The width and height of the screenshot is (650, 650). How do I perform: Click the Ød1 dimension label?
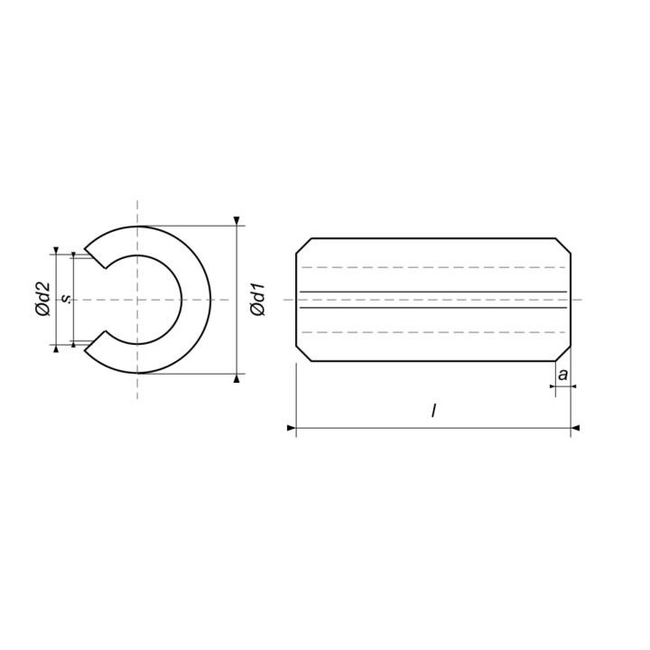(258, 300)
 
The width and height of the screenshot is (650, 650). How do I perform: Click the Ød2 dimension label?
(42, 299)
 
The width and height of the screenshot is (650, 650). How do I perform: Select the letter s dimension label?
(66, 299)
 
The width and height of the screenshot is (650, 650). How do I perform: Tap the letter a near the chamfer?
(562, 375)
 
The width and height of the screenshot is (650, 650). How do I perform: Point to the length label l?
(433, 411)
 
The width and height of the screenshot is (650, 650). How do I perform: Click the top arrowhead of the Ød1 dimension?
(237, 221)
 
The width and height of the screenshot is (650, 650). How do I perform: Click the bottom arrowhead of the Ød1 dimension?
(237, 378)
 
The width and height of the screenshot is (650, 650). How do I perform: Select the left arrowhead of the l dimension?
(291, 428)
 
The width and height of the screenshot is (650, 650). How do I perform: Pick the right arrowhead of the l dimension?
(575, 428)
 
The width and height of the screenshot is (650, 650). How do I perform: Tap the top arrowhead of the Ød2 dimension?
(56, 250)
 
